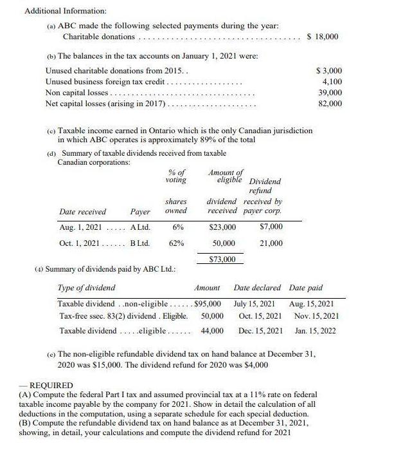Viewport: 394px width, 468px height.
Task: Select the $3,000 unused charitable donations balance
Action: click(x=330, y=70)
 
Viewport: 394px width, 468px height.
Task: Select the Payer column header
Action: click(x=140, y=211)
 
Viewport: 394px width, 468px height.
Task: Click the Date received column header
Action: click(x=82, y=211)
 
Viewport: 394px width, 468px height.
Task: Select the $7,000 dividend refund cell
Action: click(x=270, y=227)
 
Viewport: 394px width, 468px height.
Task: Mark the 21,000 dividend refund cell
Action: click(x=270, y=243)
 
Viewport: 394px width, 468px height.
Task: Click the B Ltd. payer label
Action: click(x=139, y=243)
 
